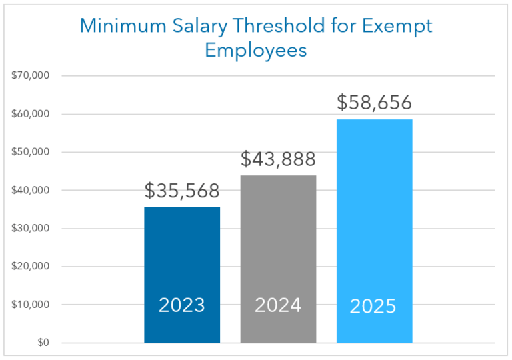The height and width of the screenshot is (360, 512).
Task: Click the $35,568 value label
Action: (x=182, y=191)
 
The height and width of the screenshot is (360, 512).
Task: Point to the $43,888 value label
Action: (x=278, y=159)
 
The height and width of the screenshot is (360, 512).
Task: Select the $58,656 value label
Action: (x=374, y=103)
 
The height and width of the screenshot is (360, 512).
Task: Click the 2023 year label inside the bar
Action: (x=182, y=305)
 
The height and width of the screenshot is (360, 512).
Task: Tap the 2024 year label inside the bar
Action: (x=278, y=305)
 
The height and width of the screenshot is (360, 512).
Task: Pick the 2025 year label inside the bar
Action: (x=373, y=307)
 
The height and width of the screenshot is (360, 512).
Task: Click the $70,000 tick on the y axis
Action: (x=31, y=75)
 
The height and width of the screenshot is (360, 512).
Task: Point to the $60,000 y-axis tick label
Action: (x=31, y=114)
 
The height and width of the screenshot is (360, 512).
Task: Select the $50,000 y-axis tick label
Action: (x=31, y=152)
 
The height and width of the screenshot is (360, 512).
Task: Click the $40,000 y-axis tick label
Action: (x=31, y=190)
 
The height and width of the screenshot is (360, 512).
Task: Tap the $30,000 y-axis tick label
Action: (x=31, y=229)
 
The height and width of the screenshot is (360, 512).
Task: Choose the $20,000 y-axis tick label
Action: (x=31, y=267)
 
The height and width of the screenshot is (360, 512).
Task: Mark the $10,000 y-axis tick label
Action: (x=31, y=305)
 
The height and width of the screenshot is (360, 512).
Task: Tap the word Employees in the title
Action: (x=256, y=51)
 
